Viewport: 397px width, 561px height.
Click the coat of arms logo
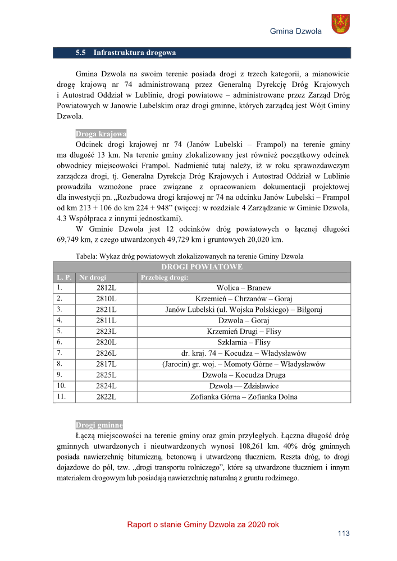point(341,24)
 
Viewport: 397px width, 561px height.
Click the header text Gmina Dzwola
point(295,31)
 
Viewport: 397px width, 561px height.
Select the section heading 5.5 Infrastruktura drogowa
point(126,53)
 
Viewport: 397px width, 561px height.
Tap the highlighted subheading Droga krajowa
point(101,134)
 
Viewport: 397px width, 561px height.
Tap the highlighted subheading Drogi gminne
point(99,424)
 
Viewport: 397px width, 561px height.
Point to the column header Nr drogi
point(93,277)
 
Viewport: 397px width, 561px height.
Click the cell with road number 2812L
point(106,288)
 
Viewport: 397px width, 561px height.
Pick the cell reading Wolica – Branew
point(244,288)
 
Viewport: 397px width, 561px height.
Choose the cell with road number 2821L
point(106,310)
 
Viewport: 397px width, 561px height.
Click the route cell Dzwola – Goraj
point(244,320)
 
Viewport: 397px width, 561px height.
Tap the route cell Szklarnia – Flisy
point(244,342)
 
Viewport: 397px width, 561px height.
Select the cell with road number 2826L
point(106,353)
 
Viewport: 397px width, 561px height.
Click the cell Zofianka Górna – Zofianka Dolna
point(244,397)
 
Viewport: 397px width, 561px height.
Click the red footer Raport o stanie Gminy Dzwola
point(203,525)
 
